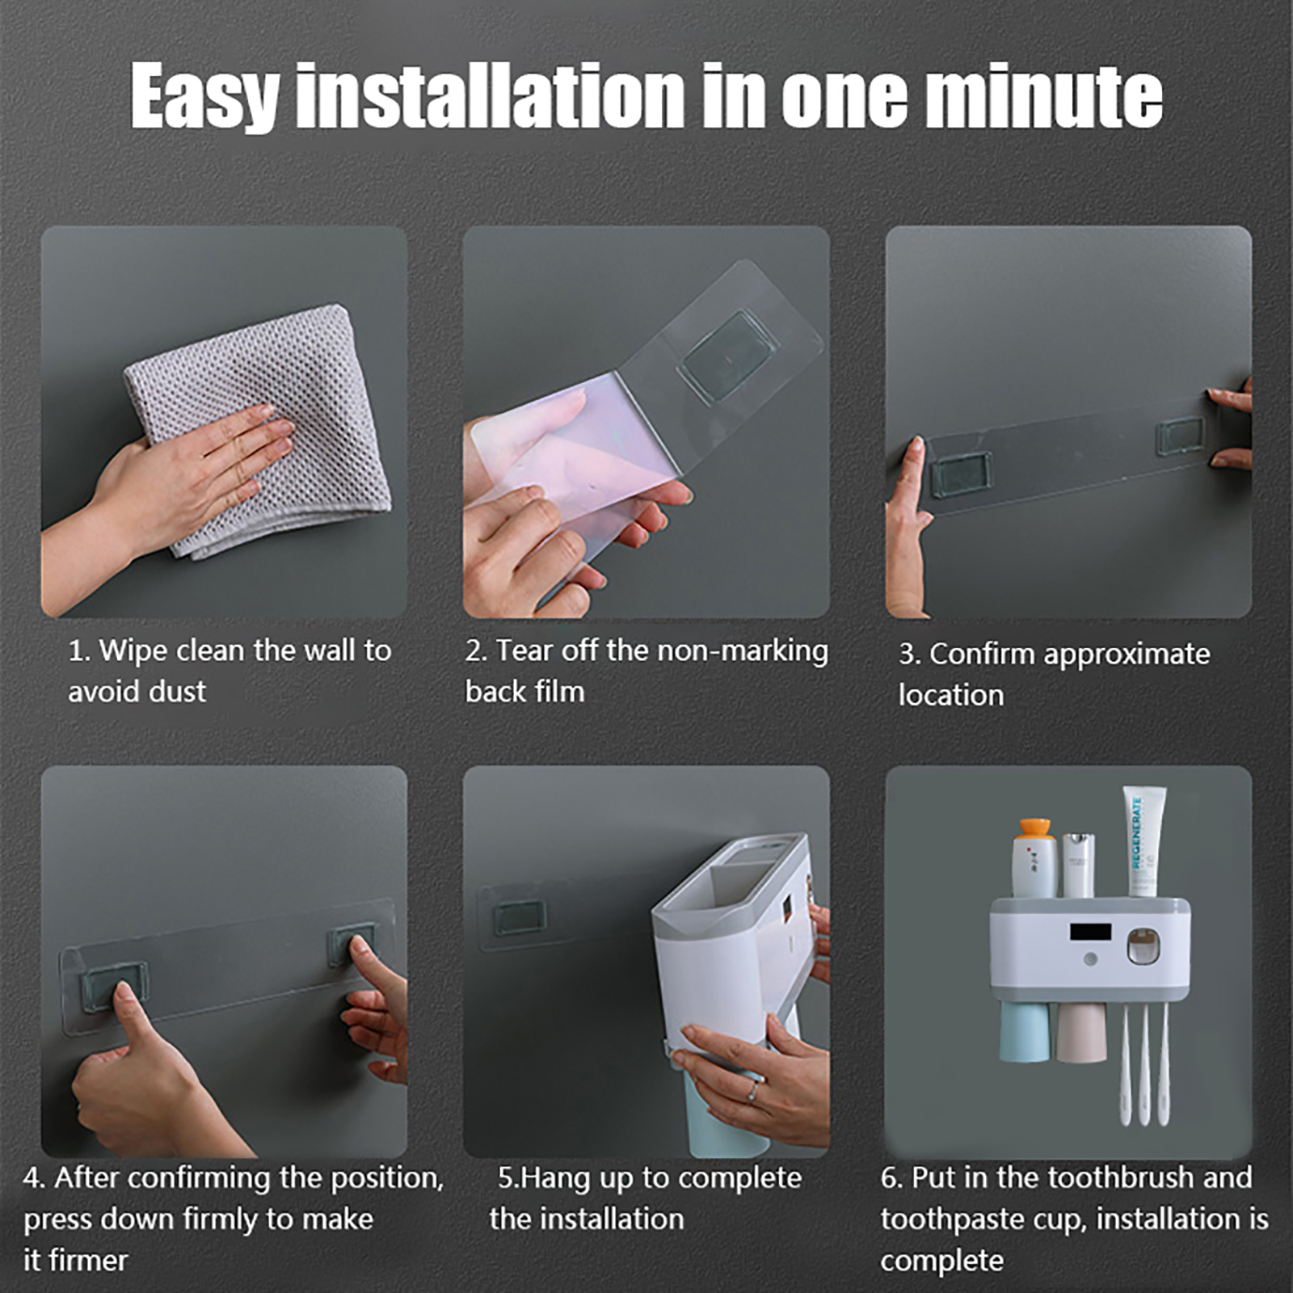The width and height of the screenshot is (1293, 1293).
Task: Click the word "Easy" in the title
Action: coord(205,96)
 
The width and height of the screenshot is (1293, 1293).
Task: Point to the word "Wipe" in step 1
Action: coord(133,651)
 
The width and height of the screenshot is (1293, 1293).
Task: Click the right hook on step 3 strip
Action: coord(1181,436)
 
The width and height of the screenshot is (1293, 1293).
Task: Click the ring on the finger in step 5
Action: coord(752,1092)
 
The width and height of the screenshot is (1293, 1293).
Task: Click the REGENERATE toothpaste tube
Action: coord(1143,841)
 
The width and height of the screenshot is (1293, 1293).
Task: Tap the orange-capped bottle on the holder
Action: coord(1034,857)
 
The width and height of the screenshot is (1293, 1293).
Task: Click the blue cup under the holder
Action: coord(1024,1031)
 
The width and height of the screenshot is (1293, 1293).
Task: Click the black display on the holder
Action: coord(1091,932)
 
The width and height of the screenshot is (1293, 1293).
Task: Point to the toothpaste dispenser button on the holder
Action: coord(1143,947)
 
